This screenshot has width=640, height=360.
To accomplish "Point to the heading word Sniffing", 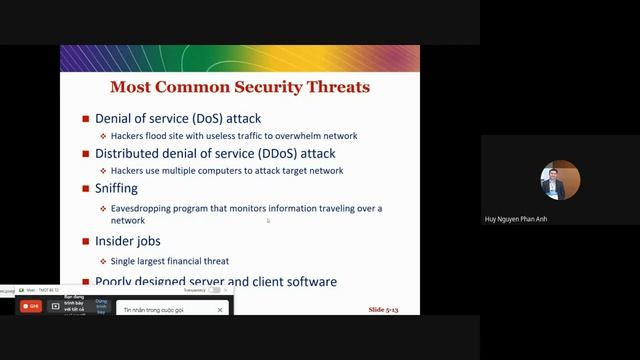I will [x=123, y=187].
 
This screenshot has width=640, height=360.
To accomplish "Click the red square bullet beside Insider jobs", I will [x=86, y=241].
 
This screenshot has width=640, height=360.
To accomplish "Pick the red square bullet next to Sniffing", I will [x=86, y=188].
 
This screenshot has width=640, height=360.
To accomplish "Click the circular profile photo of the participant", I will [x=553, y=180].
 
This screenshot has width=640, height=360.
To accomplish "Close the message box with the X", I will [x=220, y=310].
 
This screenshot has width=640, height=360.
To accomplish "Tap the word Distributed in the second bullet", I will [x=127, y=154].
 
